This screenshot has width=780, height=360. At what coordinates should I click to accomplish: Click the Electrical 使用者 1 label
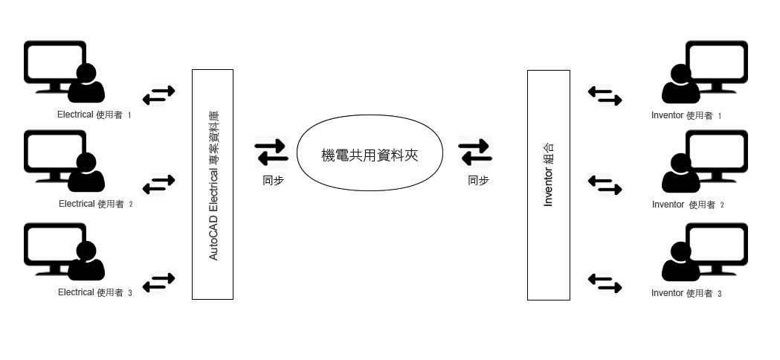coord(94,115)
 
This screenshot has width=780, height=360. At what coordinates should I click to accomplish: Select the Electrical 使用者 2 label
coord(95,204)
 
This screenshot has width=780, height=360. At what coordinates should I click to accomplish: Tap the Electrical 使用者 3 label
coord(94,293)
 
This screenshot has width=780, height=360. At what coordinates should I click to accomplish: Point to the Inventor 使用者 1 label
coord(686,116)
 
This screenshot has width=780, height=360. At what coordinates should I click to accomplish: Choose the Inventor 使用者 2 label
coord(687,205)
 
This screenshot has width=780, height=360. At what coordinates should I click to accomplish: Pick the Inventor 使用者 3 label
coord(686,294)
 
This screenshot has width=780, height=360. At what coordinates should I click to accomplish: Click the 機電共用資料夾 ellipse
coord(370,153)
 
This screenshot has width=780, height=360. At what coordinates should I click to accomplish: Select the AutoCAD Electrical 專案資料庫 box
coord(213,184)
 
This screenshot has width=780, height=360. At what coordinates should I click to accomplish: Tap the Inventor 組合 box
coord(548,185)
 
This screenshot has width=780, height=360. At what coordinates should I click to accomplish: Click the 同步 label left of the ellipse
coord(273,180)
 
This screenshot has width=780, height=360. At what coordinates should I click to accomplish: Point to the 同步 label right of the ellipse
coord(478,180)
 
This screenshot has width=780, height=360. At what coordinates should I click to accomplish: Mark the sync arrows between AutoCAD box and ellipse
coord(271,152)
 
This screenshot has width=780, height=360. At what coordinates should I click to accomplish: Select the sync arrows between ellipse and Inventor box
coord(475,152)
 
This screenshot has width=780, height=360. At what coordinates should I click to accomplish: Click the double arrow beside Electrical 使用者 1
coord(158,94)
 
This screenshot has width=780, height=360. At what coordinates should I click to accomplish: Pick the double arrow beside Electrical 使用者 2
coord(158,184)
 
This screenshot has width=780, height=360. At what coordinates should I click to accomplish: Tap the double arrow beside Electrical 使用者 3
coord(158,282)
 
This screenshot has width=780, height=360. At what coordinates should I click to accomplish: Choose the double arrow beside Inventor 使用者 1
coord(605,95)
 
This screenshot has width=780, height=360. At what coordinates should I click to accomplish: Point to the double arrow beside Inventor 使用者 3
coord(605,283)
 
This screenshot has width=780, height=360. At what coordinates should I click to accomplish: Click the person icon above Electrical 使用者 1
coord(86,84)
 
